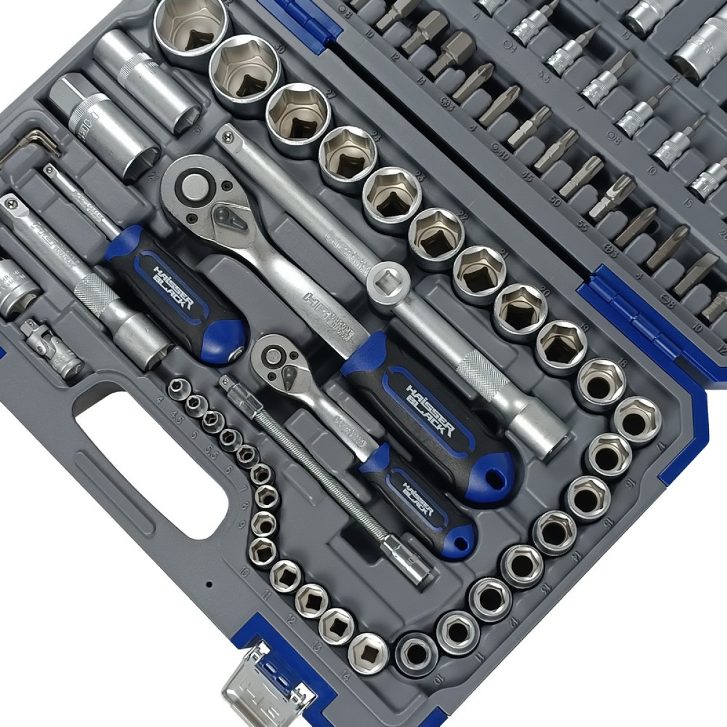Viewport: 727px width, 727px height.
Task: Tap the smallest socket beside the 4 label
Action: point(180,385)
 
